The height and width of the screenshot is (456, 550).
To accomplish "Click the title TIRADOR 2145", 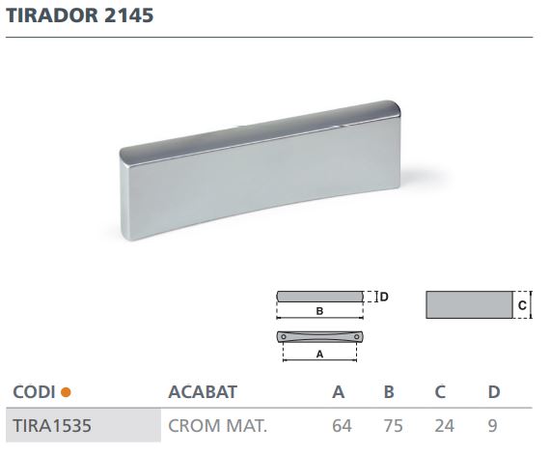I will tap(79, 17).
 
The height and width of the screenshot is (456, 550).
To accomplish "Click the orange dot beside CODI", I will tap(66, 392).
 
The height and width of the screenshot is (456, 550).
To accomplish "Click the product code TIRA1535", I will tap(51, 424).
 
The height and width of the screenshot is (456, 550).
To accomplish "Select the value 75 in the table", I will tap(390, 424).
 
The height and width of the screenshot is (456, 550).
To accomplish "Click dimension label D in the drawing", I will tap(383, 297).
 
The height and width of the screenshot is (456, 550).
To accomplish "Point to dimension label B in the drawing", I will tap(318, 312).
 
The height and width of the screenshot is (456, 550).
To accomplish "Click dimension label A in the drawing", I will tap(318, 355).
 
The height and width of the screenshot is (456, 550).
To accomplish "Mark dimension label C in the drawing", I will tap(521, 305).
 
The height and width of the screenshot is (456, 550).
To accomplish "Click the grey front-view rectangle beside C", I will tap(468, 305).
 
